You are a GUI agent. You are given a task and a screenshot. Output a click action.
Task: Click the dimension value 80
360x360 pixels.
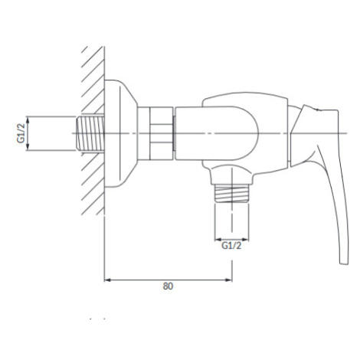pos(168,286)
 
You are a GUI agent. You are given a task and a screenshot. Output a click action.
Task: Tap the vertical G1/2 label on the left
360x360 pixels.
pos(21,133)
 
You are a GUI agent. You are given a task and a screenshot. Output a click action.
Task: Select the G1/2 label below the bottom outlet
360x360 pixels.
pos(231,246)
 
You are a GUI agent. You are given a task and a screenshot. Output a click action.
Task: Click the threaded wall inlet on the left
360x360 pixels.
pos(90,133)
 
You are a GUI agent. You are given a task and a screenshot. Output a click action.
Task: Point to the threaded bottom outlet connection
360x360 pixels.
pos(231,194)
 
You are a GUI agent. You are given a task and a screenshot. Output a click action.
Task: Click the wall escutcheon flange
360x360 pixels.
pos(121,133)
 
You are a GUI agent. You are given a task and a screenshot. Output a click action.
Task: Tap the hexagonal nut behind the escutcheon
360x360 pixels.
pos(162,133)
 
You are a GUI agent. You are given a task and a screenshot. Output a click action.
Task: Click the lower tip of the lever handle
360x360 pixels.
pos(344,263)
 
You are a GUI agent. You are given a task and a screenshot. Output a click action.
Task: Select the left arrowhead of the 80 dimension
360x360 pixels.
pos(107,280)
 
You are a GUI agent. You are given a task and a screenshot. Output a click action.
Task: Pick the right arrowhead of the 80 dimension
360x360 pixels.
pos(229,280)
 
